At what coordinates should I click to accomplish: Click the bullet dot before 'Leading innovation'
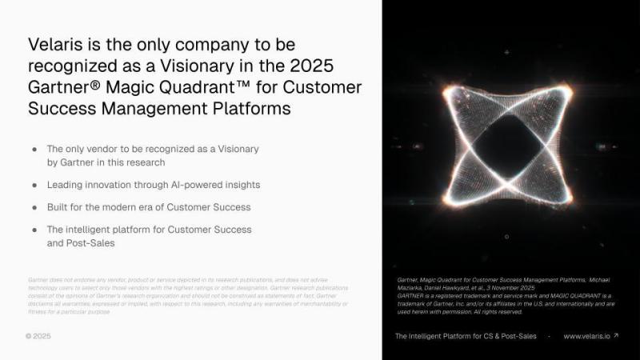pos(34,185)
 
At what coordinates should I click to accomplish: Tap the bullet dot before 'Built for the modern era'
pos(34,207)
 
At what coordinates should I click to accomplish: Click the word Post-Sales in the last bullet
pos(89,242)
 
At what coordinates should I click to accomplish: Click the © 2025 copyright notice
pos(38,336)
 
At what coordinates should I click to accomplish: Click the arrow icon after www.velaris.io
pos(616,335)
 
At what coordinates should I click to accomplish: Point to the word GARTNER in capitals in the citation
pos(413,294)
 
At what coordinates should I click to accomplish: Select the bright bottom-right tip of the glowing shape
pos(571,200)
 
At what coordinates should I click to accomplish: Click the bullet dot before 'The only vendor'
pos(34,150)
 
